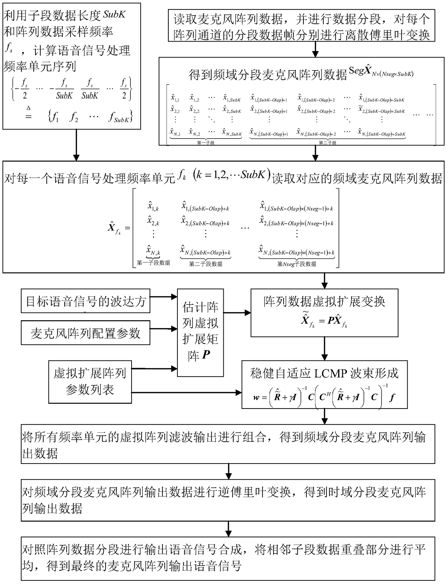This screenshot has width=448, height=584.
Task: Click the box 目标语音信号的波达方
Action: (85, 301)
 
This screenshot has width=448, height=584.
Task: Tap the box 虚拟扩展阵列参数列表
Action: (90, 382)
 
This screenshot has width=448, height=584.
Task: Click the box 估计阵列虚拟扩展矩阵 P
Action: (200, 332)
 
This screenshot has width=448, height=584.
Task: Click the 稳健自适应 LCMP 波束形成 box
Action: (324, 384)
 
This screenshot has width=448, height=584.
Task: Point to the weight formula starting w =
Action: (324, 397)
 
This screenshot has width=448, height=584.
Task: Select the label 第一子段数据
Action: (153, 263)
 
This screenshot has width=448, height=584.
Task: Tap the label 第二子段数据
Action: (206, 264)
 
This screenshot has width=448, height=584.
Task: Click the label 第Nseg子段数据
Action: (297, 264)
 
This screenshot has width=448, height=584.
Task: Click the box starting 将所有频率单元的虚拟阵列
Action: (228, 444)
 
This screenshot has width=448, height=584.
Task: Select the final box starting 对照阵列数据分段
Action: (228, 558)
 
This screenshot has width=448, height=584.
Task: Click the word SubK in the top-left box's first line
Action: (115, 14)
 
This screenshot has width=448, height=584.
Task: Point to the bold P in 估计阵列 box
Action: (206, 355)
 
